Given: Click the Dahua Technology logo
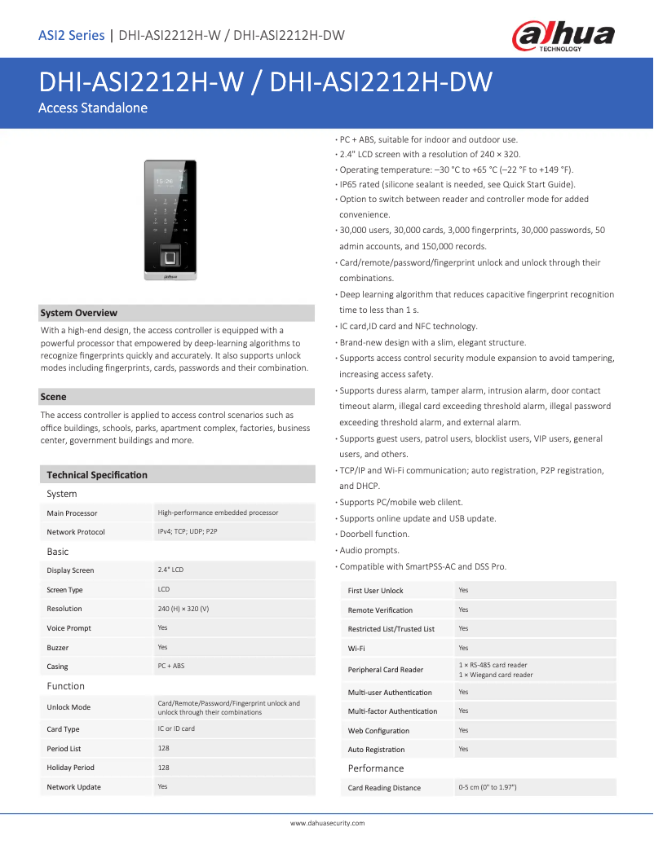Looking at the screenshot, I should point(563,36).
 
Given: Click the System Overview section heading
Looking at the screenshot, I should point(79,313).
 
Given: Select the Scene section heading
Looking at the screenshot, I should point(54,397).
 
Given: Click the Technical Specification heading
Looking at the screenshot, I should point(97,474).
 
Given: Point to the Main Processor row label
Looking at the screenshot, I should point(72,513).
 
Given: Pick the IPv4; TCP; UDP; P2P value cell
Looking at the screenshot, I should point(188,531).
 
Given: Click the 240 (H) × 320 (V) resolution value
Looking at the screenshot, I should point(183,609).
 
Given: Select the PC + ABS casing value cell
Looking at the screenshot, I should point(171,666).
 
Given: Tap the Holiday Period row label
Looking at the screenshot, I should point(70,768).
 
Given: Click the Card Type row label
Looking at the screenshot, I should point(63,729).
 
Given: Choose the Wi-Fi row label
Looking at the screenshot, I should point(356,649).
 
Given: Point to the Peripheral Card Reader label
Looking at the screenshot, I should point(385,670).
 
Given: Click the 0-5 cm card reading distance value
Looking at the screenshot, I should point(488,787).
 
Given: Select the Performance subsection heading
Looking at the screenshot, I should point(376,768).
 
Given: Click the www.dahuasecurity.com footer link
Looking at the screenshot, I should point(328,823).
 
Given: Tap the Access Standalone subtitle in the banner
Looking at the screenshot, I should point(93,108).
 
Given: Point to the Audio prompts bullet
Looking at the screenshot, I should point(368,550).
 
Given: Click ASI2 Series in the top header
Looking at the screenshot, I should point(72,35).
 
